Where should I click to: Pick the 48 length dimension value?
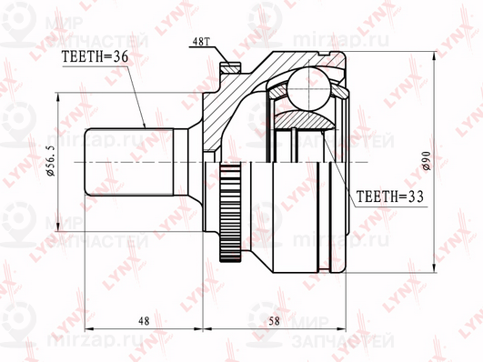145,321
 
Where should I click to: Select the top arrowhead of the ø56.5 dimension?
60,96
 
